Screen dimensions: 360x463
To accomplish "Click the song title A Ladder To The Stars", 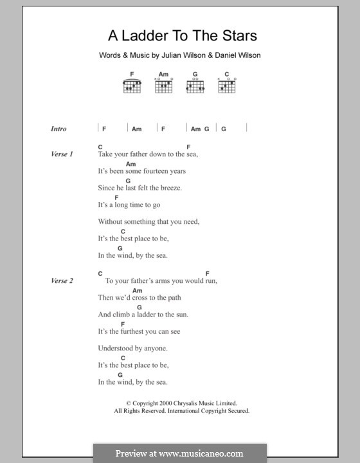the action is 173,36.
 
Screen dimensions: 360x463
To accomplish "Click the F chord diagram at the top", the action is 132,86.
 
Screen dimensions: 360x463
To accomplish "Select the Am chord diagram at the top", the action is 164,86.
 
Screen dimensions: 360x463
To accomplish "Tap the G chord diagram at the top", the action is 195,86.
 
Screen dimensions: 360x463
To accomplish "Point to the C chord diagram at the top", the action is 226,86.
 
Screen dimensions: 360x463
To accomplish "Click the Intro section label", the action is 59,129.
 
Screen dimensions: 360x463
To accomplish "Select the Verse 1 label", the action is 62,154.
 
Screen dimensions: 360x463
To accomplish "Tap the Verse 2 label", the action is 62,281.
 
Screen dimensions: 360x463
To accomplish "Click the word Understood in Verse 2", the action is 116,348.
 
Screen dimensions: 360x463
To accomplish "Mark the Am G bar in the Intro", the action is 200,129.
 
